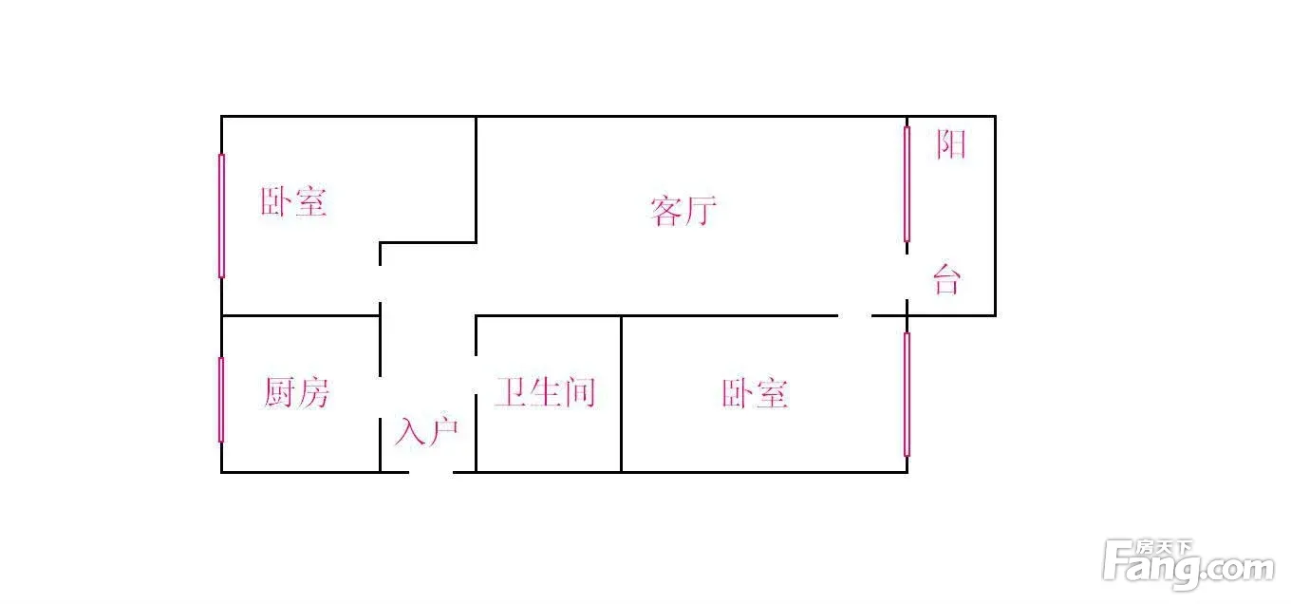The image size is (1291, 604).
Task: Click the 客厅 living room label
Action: [683, 211]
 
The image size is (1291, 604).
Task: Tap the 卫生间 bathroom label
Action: [545, 392]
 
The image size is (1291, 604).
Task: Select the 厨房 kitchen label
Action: [297, 392]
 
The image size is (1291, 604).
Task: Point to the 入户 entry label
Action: [426, 431]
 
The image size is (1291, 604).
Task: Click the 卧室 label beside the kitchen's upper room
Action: [294, 201]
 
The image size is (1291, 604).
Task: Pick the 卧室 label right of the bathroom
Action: [755, 393]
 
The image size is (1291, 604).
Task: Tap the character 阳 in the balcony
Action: [950, 144]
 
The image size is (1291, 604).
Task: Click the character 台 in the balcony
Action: [947, 280]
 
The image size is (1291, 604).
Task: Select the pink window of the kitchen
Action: [221, 400]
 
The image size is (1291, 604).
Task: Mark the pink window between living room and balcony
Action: [907, 184]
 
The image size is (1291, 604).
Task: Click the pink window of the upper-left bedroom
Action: [221, 216]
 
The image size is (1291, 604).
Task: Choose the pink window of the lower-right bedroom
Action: [907, 394]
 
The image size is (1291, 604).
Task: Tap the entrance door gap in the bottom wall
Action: [431, 473]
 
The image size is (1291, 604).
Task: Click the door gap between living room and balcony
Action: [907, 276]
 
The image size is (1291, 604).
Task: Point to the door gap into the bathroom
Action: [477, 374]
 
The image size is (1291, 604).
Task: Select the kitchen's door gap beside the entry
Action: [381, 398]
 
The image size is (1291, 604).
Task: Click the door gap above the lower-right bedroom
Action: [854, 316]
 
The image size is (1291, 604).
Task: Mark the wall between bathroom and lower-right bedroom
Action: [621, 394]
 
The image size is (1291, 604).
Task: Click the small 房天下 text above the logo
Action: [1163, 547]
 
